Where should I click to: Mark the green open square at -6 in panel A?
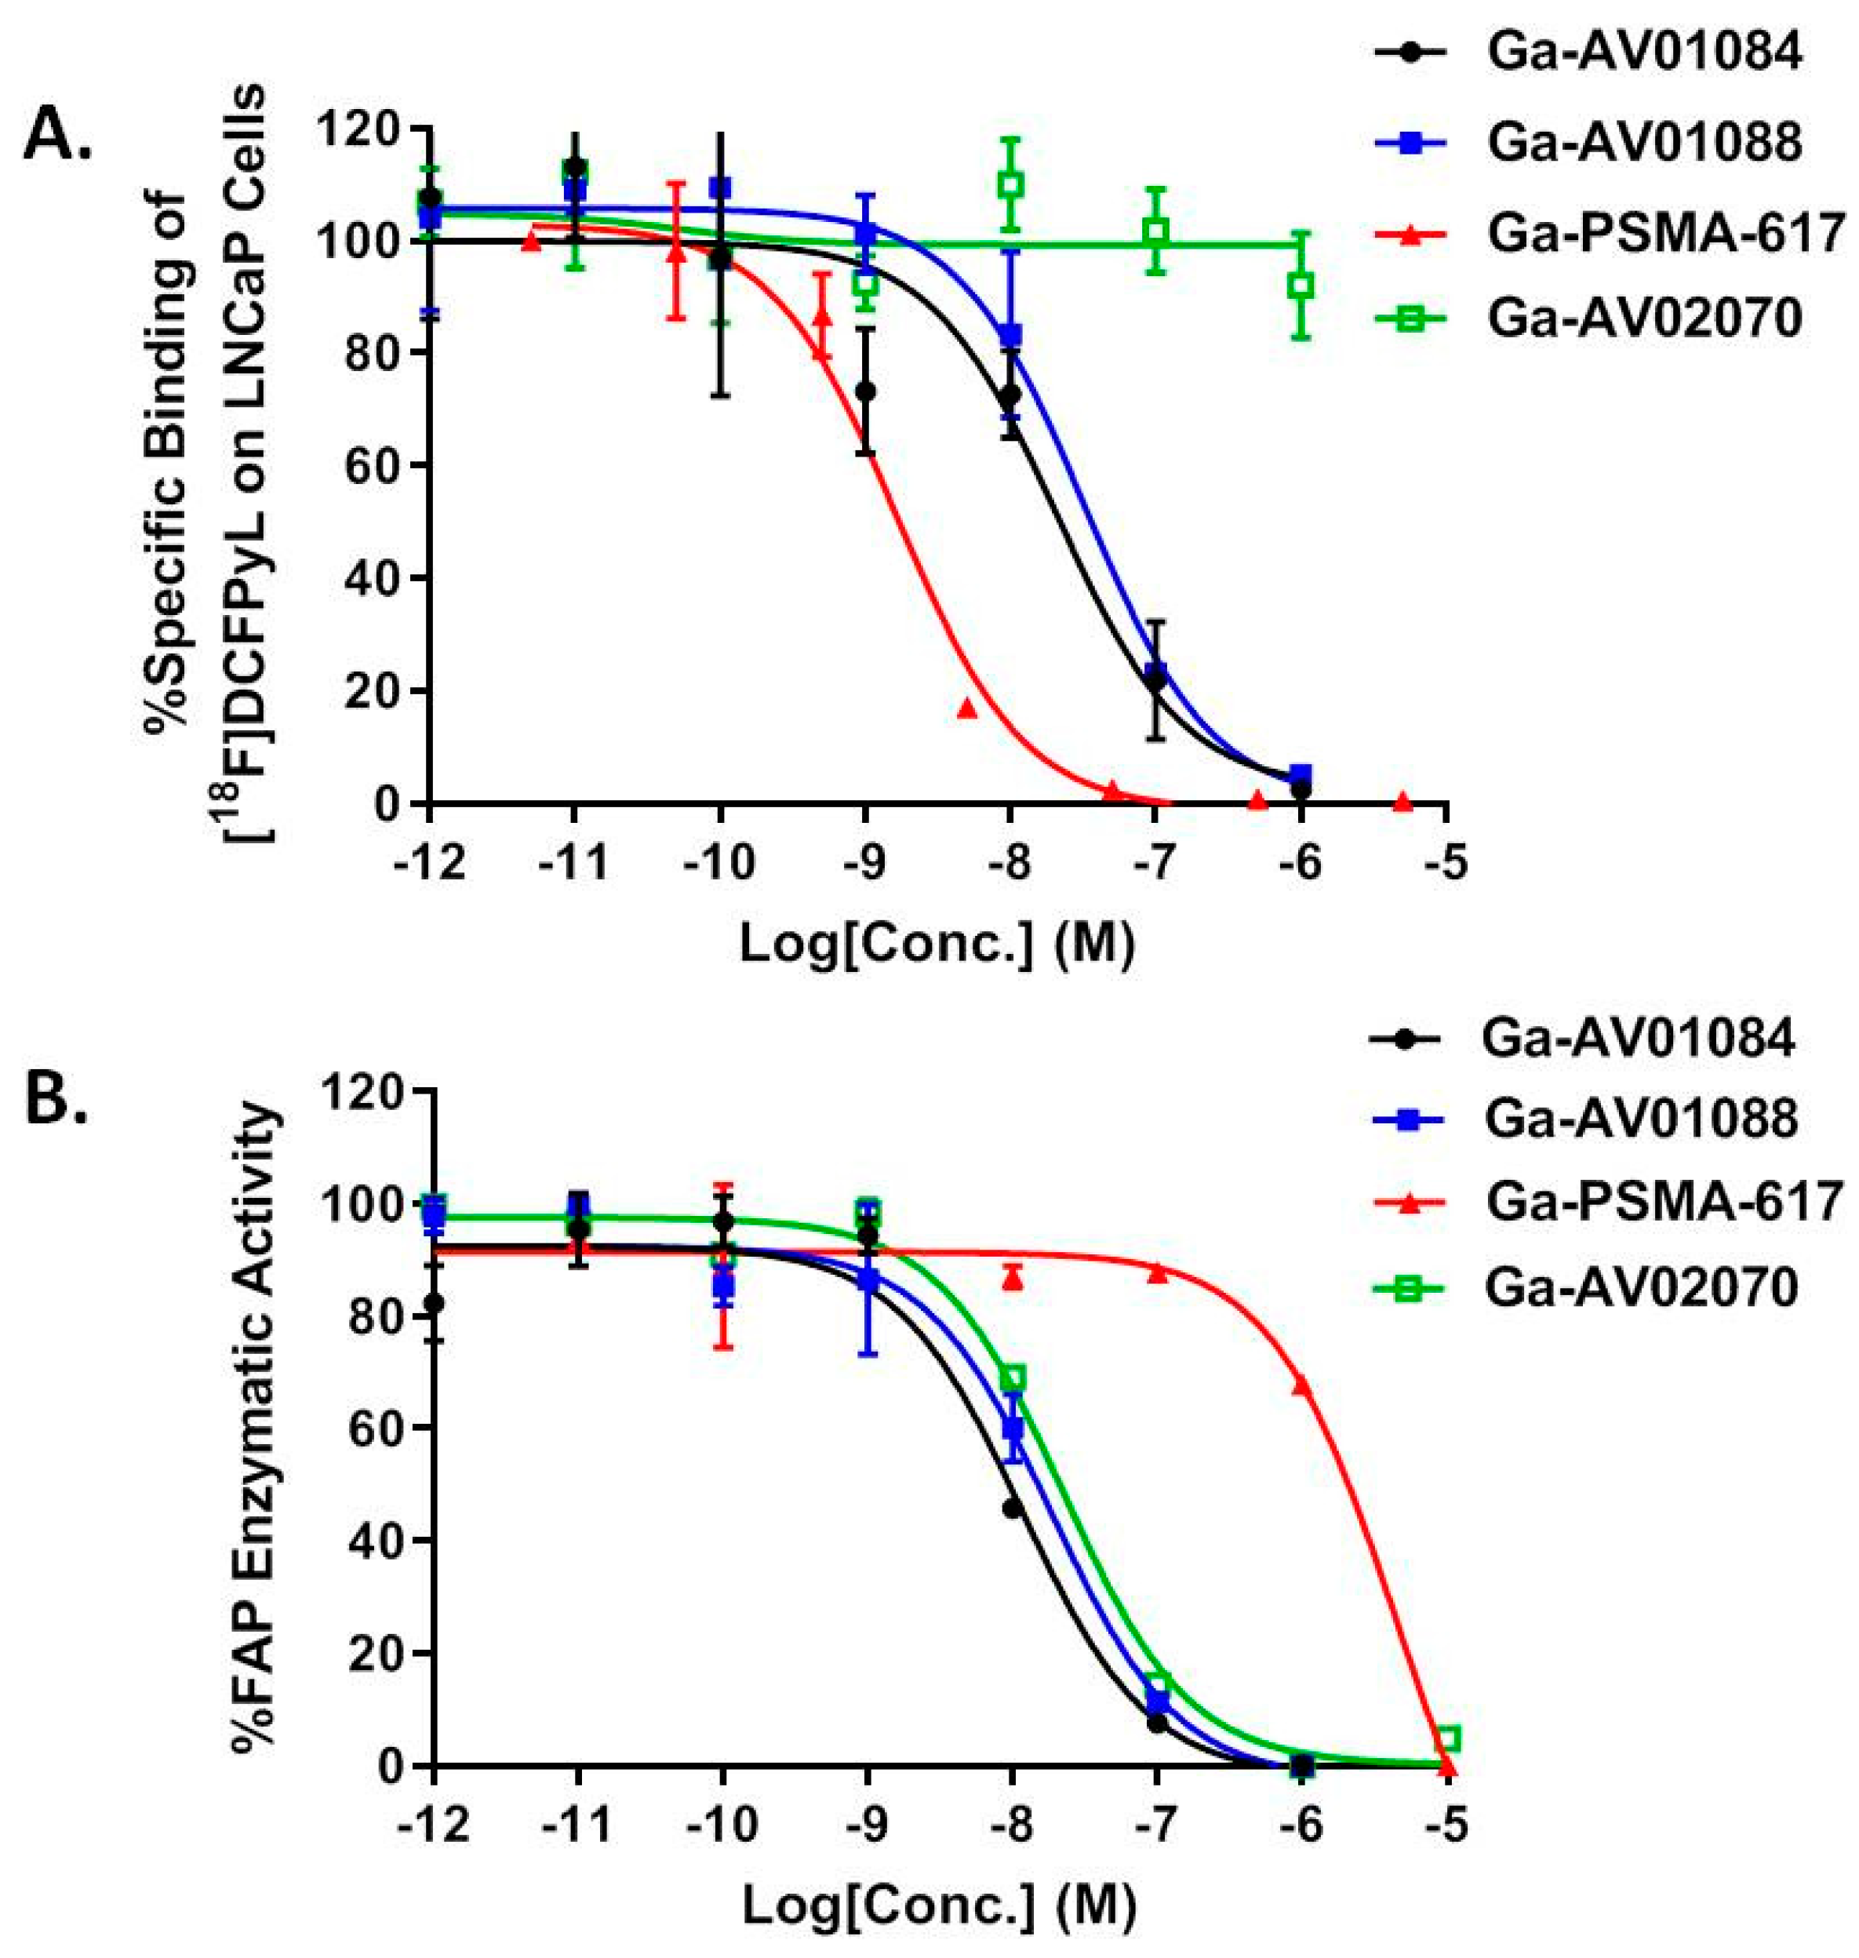tap(1302, 286)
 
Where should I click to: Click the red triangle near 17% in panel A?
tap(968, 708)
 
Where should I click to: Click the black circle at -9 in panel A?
tap(865, 391)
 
